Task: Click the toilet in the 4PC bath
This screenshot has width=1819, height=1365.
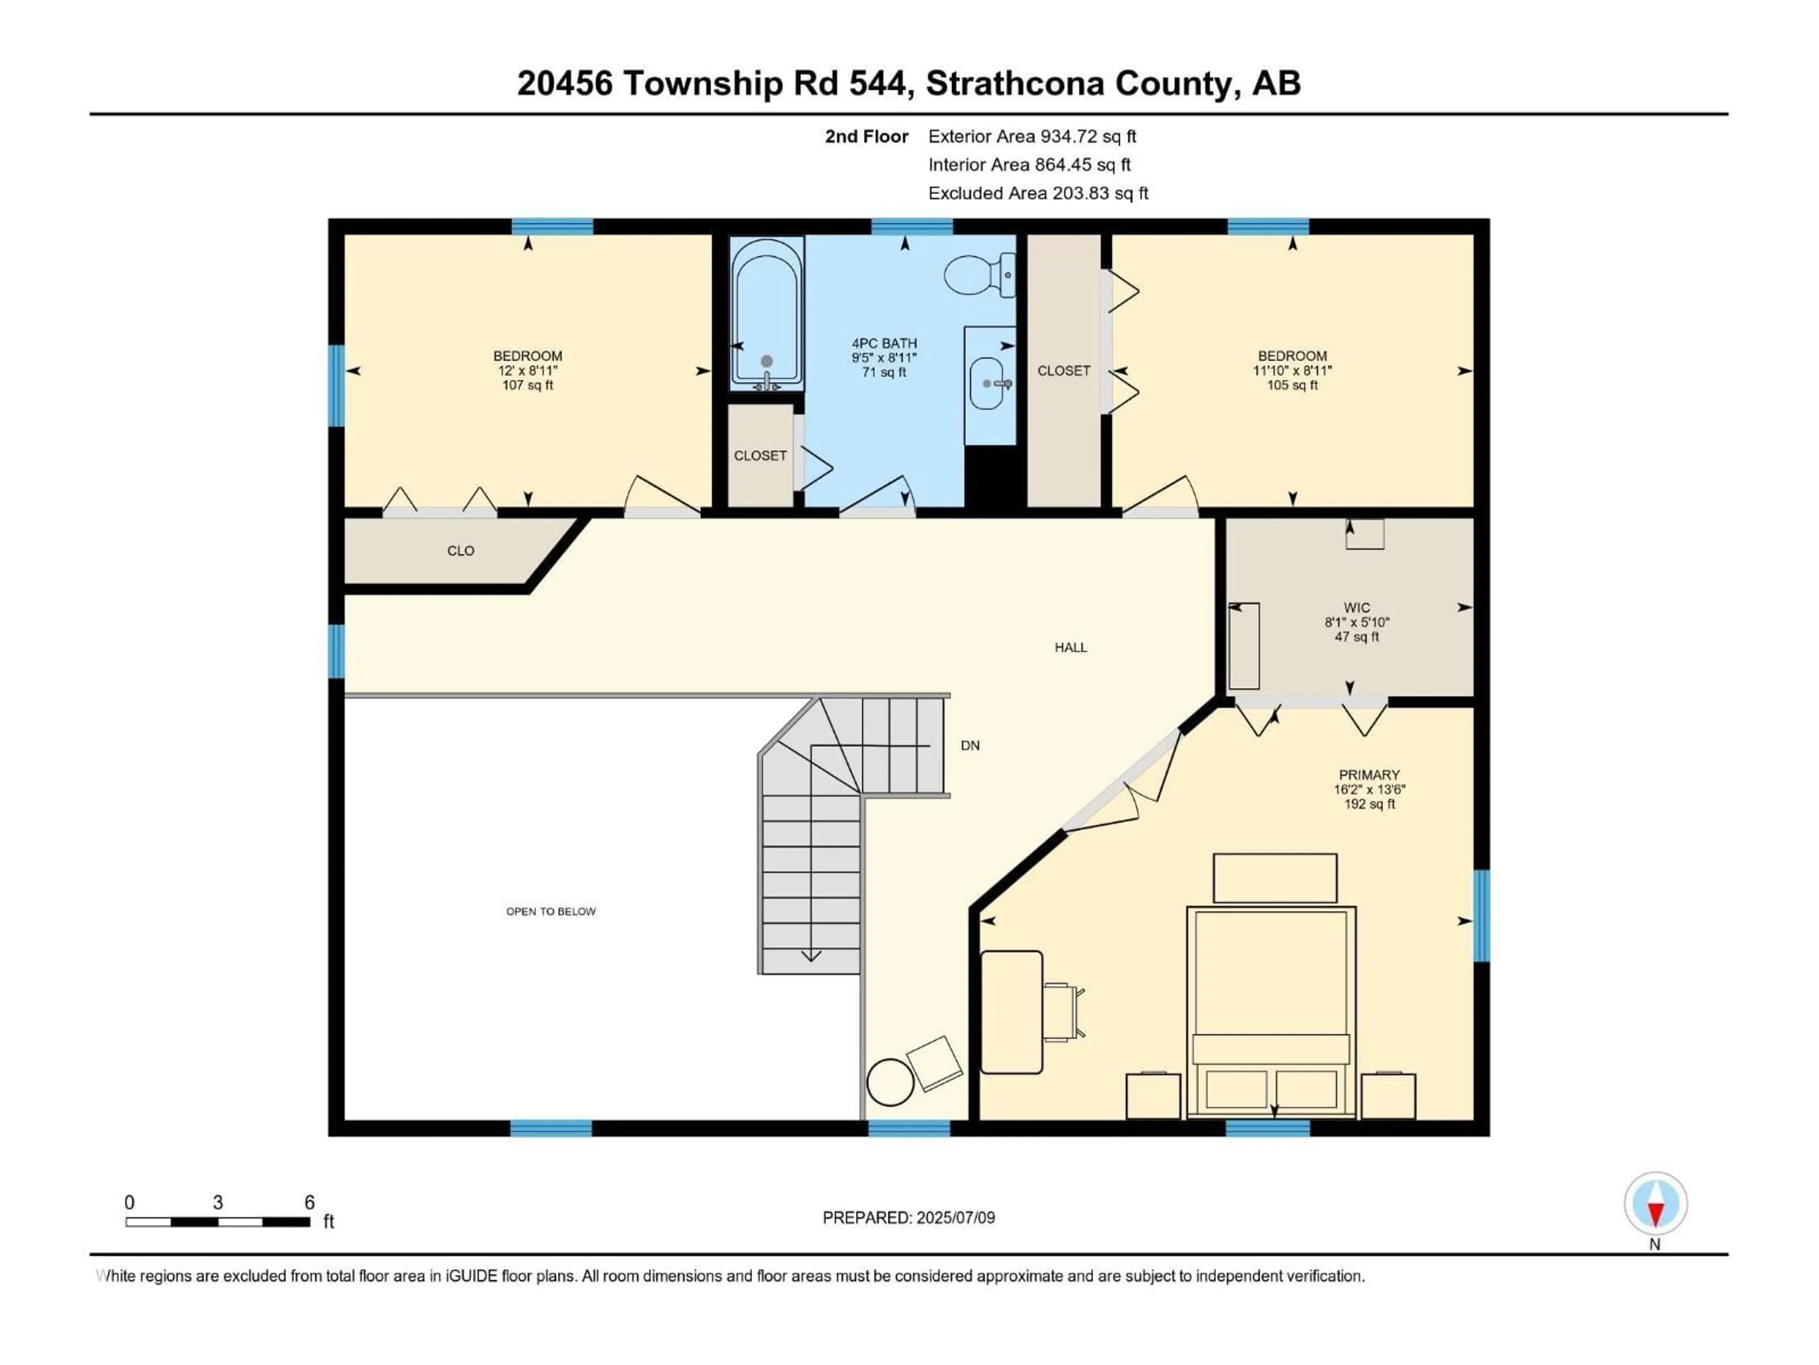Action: [x=977, y=275]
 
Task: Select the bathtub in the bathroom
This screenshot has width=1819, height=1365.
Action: [x=765, y=313]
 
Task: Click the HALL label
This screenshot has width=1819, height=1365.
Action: [x=1071, y=647]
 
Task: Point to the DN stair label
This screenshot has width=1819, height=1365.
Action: [x=970, y=746]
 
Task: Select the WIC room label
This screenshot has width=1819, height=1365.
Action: [x=1357, y=608]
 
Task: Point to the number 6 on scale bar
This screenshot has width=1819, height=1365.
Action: [x=309, y=1202]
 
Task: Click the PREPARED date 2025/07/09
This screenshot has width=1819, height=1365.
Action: [x=955, y=1218]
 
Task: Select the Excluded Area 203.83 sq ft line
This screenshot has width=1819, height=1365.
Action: [x=1038, y=193]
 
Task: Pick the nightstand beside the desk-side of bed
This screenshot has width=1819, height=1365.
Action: [x=1153, y=1096]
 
